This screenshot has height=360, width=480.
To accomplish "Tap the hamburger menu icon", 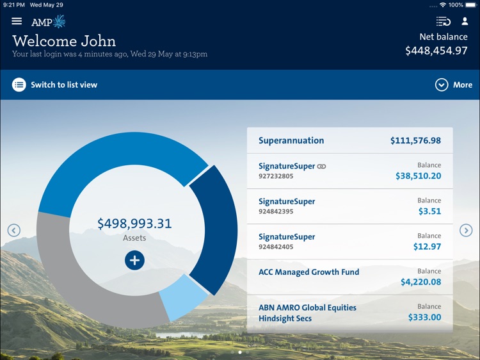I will click(x=17, y=21).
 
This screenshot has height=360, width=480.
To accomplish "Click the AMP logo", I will click(x=49, y=22).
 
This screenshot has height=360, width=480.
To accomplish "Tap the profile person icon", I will click(x=465, y=21).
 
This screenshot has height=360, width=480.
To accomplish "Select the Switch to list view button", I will click(x=55, y=85).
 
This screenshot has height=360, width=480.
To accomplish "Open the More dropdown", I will click(x=454, y=85).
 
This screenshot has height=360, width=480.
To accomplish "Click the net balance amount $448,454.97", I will click(x=436, y=51).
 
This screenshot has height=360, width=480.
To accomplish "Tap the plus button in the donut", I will click(x=134, y=260).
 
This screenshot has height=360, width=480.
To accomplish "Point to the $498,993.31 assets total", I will click(x=134, y=224).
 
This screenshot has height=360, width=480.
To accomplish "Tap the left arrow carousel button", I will click(x=13, y=231).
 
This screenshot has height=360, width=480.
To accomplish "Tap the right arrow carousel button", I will click(x=467, y=231).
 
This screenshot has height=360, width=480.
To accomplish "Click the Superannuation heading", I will click(x=291, y=141).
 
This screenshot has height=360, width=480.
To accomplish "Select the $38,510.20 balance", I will click(x=418, y=176).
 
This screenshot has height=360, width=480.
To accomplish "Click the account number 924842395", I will click(x=276, y=211).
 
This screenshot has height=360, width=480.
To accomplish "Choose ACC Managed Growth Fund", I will click(x=308, y=272).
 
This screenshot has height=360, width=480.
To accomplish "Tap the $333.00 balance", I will click(x=424, y=317).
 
